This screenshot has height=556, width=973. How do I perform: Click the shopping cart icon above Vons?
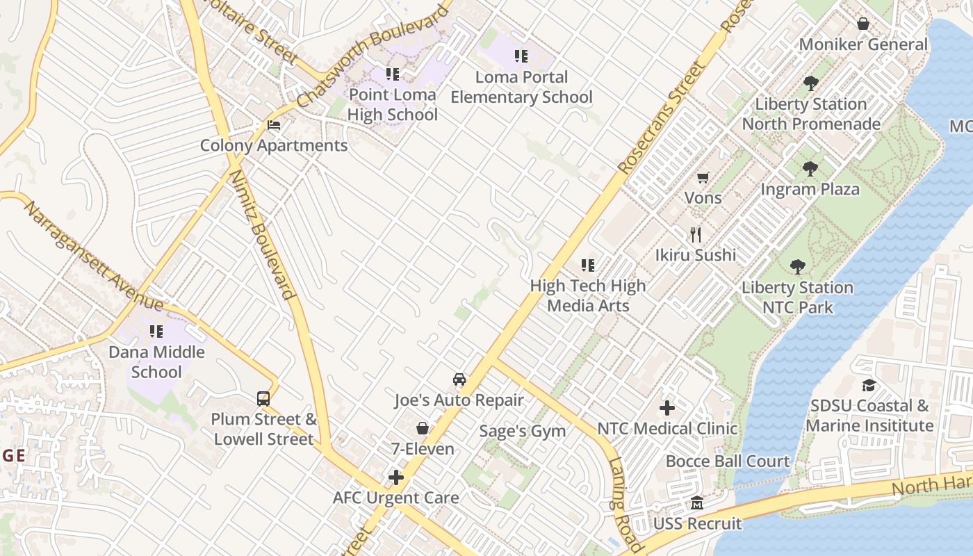pyautogui.click(x=703, y=178)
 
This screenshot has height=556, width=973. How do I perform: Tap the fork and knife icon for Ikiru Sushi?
pyautogui.click(x=696, y=235)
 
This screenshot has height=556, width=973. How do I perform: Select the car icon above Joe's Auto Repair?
pyautogui.click(x=459, y=379)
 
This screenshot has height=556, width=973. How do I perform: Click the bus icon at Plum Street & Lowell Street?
pyautogui.click(x=263, y=399)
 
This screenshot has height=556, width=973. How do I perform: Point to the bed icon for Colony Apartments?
pyautogui.click(x=274, y=126)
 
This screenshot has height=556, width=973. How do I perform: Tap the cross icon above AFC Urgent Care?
pyautogui.click(x=396, y=477)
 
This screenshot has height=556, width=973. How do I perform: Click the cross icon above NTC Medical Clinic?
pyautogui.click(x=667, y=408)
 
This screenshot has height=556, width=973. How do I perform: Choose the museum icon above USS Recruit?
pyautogui.click(x=697, y=503)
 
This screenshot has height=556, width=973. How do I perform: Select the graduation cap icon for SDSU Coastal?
pyautogui.click(x=869, y=386)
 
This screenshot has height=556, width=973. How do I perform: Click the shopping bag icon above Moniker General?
pyautogui.click(x=863, y=24)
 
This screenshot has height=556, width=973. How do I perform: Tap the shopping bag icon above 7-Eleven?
pyautogui.click(x=422, y=428)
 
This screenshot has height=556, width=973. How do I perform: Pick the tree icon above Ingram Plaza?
pyautogui.click(x=810, y=169)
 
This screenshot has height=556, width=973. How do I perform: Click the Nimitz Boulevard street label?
pyautogui.click(x=263, y=234)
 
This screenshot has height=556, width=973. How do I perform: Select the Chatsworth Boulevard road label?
pyautogui.click(x=373, y=58)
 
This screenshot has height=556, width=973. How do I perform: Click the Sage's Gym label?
pyautogui.click(x=523, y=431)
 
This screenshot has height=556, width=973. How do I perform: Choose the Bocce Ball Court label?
pyautogui.click(x=728, y=461)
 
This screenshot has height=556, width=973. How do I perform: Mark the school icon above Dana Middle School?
pyautogui.click(x=156, y=332)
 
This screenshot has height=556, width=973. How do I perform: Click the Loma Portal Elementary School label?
pyautogui.click(x=521, y=87)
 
